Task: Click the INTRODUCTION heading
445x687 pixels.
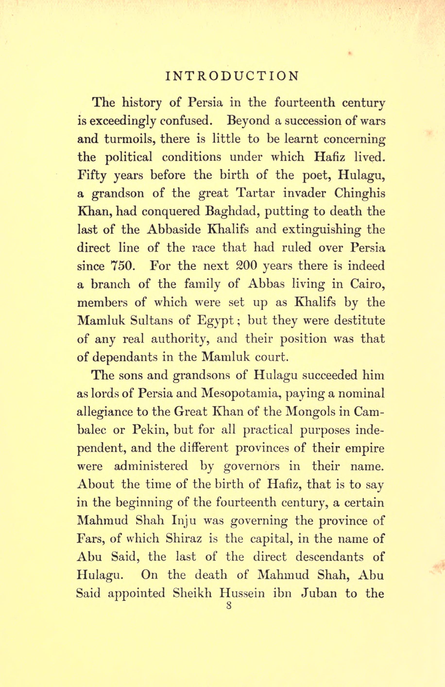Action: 232,76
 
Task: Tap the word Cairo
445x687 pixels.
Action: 367,284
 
